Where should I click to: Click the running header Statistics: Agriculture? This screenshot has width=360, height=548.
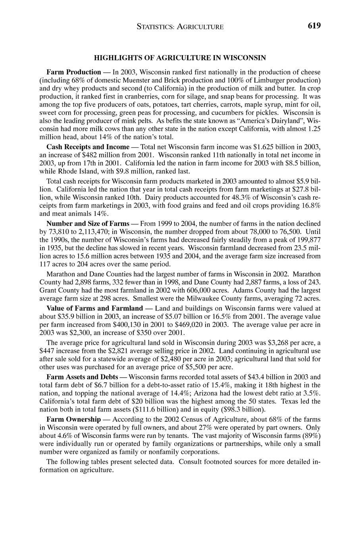[x=180, y=27]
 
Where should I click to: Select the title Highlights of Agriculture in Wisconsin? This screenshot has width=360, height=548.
[x=180, y=58]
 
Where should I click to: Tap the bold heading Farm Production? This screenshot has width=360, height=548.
[x=74, y=72]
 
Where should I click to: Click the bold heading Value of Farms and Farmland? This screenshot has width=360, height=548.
[x=94, y=308]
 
